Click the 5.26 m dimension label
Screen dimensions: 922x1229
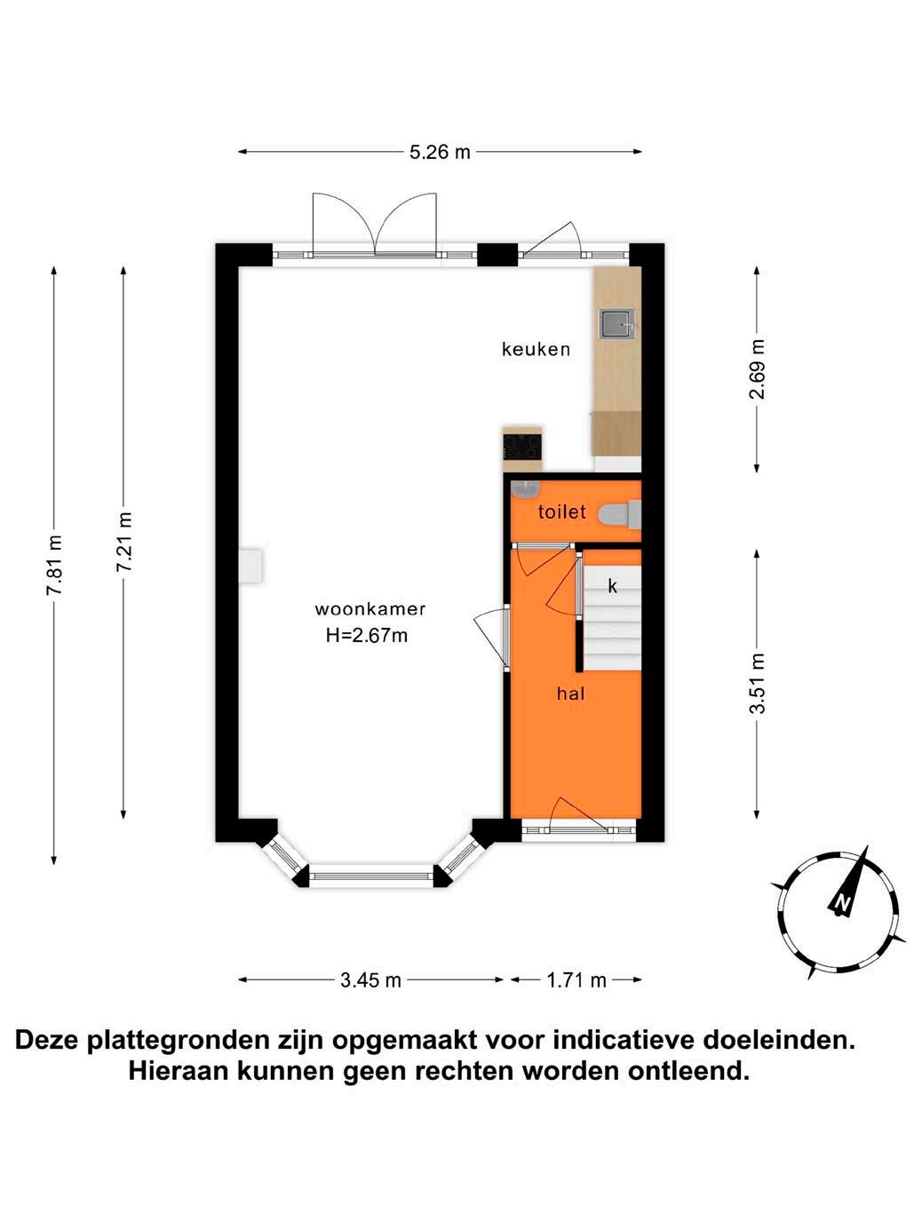(x=440, y=152)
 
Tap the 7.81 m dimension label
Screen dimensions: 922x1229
(x=54, y=565)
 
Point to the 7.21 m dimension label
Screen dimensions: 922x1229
(x=123, y=542)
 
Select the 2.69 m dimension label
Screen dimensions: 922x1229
(x=757, y=369)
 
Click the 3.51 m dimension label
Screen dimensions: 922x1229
(x=757, y=683)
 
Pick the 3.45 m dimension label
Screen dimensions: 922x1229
(x=370, y=980)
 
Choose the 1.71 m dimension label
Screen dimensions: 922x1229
(x=576, y=980)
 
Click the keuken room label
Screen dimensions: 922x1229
(x=536, y=349)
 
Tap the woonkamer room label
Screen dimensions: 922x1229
(x=370, y=608)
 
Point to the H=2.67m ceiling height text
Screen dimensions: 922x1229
(x=367, y=636)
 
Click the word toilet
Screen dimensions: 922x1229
(x=561, y=511)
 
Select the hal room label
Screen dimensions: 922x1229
(x=570, y=694)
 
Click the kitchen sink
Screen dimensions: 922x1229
(x=617, y=323)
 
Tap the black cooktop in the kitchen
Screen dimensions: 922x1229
(x=522, y=447)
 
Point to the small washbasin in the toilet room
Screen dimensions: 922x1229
(x=525, y=488)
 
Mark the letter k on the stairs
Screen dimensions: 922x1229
(x=613, y=586)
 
